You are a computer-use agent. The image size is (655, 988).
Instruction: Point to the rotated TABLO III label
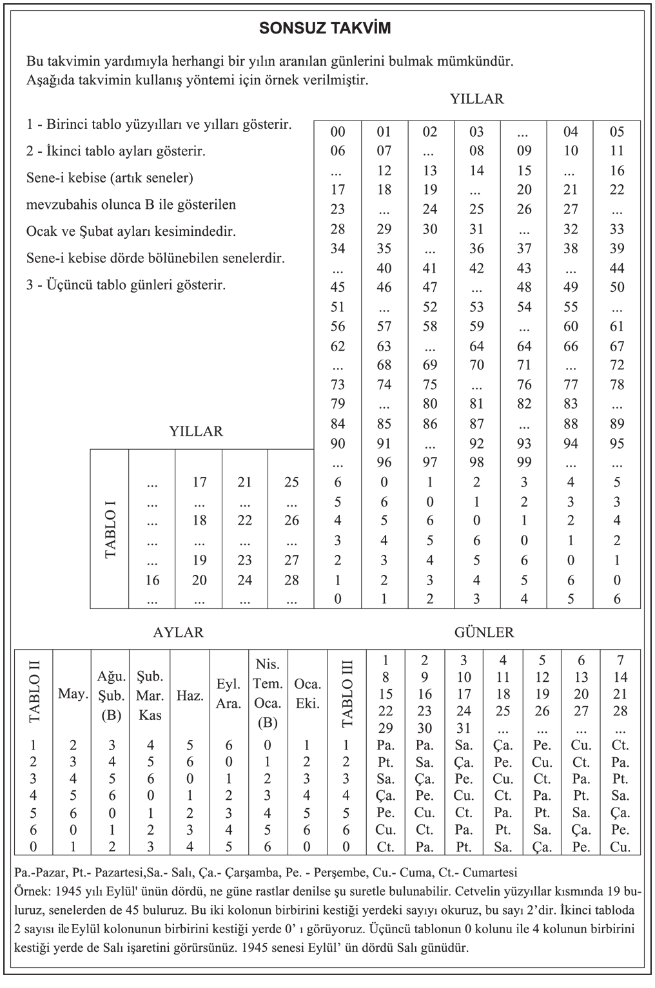(x=347, y=693)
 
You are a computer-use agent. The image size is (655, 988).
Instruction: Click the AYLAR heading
(x=178, y=632)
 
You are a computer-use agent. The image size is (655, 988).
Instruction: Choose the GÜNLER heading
(x=484, y=632)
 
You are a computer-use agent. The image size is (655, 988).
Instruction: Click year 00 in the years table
(x=337, y=132)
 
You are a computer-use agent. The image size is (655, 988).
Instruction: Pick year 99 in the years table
(x=524, y=463)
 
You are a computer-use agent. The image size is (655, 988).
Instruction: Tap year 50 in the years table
(x=617, y=287)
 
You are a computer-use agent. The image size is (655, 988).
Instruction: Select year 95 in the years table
(x=617, y=443)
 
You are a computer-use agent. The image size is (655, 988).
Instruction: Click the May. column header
(x=72, y=694)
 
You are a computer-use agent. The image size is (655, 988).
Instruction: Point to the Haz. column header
(x=190, y=696)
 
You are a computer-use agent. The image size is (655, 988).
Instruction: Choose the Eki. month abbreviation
(x=308, y=704)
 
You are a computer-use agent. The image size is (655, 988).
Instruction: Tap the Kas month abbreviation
(x=150, y=715)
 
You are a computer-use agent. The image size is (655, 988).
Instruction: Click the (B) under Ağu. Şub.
(x=112, y=715)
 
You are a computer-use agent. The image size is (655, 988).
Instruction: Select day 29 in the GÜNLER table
(x=386, y=728)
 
